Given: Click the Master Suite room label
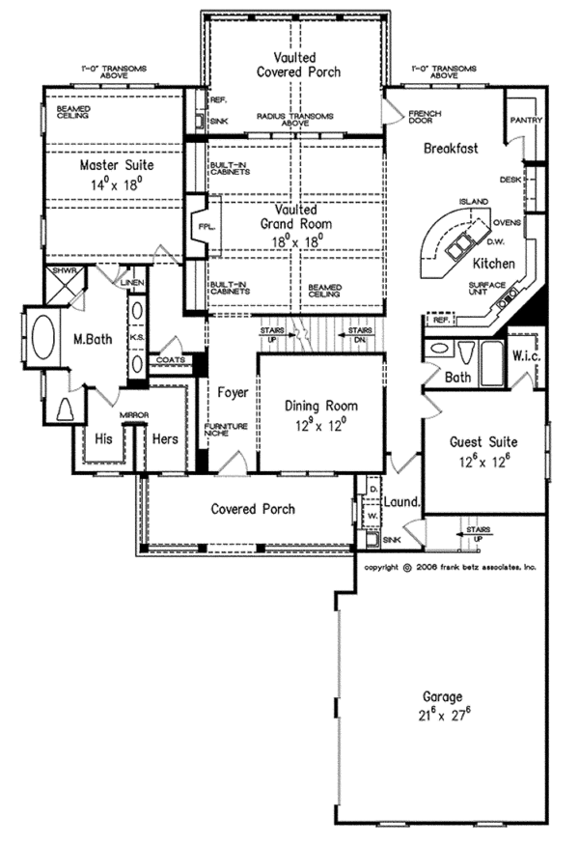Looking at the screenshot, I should tap(117, 165).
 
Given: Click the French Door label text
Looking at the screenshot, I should tap(425, 118).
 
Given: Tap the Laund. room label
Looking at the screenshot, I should tap(402, 502).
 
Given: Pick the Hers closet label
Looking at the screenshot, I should tap(165, 437).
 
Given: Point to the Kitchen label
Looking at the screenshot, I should tap(492, 264).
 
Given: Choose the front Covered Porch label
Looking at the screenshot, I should tap(253, 509).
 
